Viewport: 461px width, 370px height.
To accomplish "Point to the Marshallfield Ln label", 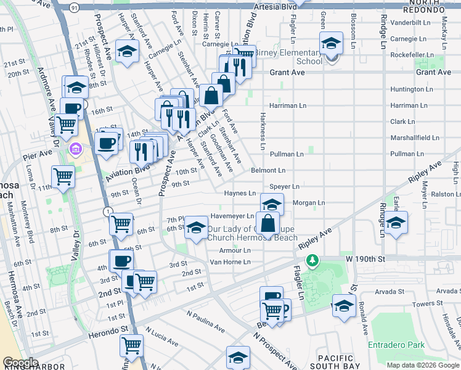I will coord(409,138).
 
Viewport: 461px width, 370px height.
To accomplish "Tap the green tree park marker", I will coord(313,261).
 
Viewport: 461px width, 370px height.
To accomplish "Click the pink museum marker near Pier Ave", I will coord(76,148).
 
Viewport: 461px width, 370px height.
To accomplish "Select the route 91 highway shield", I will coord(74,7).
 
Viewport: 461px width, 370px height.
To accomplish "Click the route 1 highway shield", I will coord(108,212).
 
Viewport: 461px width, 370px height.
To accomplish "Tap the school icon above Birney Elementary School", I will coord(330,44).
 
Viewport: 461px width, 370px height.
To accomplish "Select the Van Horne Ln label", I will coord(230,262).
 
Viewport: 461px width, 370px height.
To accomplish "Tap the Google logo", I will coord(20,363).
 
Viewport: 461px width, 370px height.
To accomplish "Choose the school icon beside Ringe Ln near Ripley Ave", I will coord(396,223).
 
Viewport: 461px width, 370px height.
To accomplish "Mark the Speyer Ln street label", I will coord(284,186).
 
